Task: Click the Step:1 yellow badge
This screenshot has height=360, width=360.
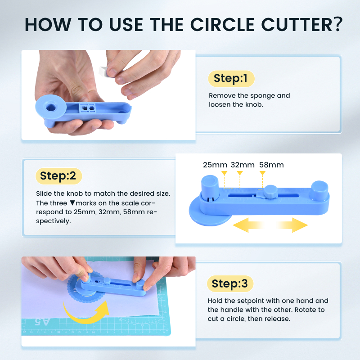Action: click(x=231, y=78)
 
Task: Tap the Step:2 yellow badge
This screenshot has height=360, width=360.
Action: click(x=58, y=176)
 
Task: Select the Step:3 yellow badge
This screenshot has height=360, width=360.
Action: click(x=230, y=284)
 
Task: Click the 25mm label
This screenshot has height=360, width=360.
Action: click(x=215, y=165)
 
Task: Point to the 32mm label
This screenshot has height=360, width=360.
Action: click(x=243, y=165)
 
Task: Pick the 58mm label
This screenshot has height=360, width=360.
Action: click(x=271, y=165)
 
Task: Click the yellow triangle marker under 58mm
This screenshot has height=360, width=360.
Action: click(x=262, y=173)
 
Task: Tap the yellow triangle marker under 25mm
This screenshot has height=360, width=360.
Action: click(x=224, y=173)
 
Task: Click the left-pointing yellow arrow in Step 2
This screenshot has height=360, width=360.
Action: click(x=248, y=225)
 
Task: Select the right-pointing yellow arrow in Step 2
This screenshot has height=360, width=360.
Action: click(x=292, y=225)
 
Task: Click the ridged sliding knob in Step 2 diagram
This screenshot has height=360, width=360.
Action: click(x=271, y=192)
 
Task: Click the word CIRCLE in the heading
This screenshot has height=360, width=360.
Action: click(x=222, y=24)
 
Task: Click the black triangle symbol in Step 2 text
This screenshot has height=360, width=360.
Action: click(x=72, y=203)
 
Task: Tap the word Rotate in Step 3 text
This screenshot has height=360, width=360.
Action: click(x=305, y=310)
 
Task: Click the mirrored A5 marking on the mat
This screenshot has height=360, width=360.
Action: click(x=42, y=322)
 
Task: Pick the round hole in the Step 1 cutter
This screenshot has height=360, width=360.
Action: click(x=51, y=108)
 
